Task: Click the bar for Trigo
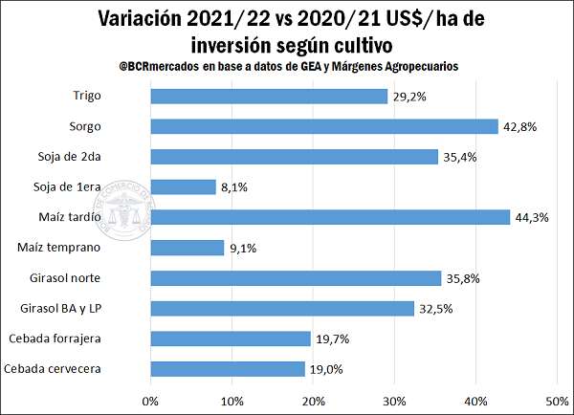click(x=269, y=96)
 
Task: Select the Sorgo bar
click(x=324, y=126)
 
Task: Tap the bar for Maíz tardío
click(x=330, y=217)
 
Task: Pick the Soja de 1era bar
click(x=184, y=186)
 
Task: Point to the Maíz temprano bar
click(x=188, y=248)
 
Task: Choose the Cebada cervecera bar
click(x=228, y=369)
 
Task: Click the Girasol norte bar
click(x=296, y=278)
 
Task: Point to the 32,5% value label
click(x=436, y=309)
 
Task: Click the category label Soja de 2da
click(x=97, y=157)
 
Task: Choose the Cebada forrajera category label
click(x=81, y=339)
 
